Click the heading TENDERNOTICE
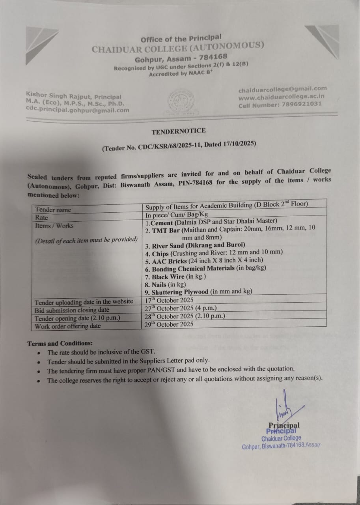179,131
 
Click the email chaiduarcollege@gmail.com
282,89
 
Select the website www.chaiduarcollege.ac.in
281,97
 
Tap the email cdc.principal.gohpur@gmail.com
77,110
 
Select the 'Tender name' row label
53,210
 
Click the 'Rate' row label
42,218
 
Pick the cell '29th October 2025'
170,324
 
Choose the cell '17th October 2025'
170,300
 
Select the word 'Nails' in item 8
159,284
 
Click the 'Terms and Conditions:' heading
60,344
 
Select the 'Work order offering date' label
68,326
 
